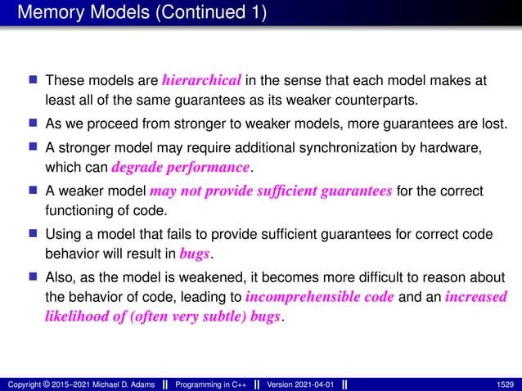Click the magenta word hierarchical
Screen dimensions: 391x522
click(201, 81)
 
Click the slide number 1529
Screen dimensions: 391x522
click(505, 384)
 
